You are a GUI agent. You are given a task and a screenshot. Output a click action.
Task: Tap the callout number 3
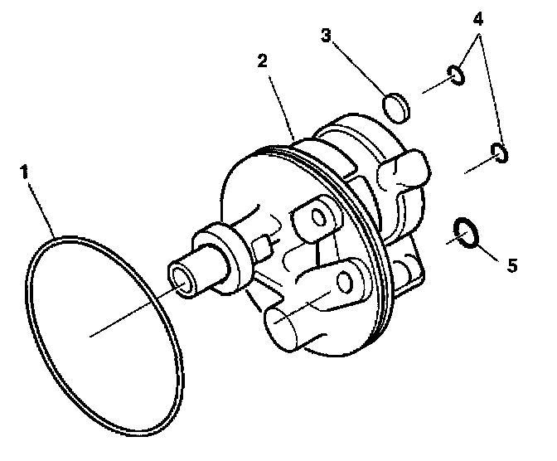coord(327,36)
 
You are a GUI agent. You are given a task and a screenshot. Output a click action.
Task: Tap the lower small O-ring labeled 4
coord(499,153)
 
